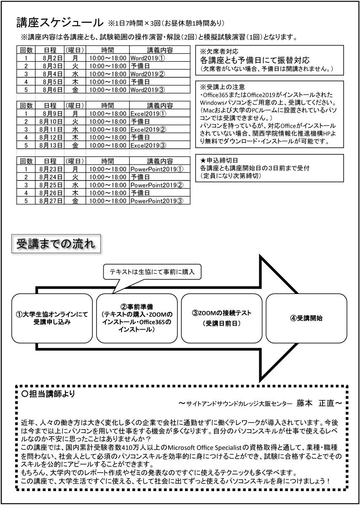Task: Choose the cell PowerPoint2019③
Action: coord(156,201)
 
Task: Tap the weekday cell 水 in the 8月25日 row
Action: coord(75,185)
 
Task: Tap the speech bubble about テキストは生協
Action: coord(152,272)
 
